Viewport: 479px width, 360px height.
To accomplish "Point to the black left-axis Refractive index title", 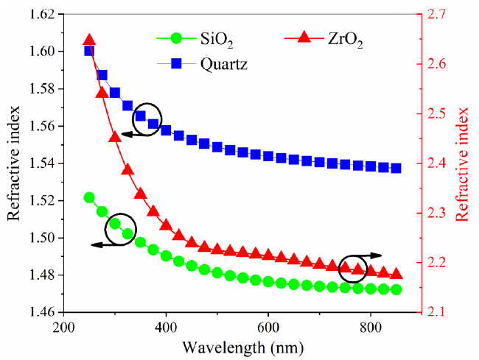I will [14, 163].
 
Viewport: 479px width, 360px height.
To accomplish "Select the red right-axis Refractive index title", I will [463, 163].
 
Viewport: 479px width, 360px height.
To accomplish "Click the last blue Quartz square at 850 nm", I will [396, 168].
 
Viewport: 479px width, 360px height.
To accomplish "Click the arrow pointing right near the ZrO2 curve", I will [372, 255].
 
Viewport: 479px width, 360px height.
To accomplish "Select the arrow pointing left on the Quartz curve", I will [134, 133].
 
